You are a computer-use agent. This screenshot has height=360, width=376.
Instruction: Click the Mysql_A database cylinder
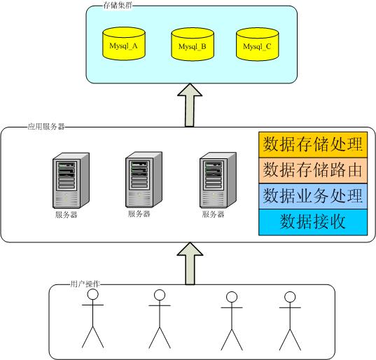click(124, 43)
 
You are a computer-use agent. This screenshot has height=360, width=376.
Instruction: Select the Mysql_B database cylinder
click(193, 44)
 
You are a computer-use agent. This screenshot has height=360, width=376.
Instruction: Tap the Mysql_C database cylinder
click(257, 44)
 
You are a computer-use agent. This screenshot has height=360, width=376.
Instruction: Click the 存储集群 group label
click(118, 6)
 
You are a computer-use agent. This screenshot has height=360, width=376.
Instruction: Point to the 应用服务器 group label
click(46, 126)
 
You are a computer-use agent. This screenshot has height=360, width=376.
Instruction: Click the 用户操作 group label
click(85, 284)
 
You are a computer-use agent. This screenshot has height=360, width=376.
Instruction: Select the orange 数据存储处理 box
click(313, 144)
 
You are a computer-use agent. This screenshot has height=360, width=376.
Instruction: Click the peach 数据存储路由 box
click(313, 170)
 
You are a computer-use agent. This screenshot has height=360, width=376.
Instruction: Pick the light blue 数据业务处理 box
click(313, 196)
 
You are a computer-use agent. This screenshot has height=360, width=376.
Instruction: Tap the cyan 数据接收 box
click(313, 222)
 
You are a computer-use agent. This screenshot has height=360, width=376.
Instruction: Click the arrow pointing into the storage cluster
click(190, 105)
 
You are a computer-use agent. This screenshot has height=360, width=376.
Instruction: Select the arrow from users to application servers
click(190, 263)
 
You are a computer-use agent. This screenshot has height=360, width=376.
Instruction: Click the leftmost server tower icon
click(71, 181)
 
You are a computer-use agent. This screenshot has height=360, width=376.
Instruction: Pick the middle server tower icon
click(144, 179)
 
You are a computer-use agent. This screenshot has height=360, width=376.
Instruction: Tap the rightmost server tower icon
click(218, 180)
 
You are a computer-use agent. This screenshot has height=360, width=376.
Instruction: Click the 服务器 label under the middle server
click(139, 214)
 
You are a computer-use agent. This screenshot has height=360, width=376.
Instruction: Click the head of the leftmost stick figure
click(93, 294)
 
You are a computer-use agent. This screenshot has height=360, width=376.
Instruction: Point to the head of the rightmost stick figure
click(290, 297)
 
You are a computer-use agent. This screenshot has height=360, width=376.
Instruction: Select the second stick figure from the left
click(160, 319)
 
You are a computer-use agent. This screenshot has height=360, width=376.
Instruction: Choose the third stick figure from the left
click(232, 321)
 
